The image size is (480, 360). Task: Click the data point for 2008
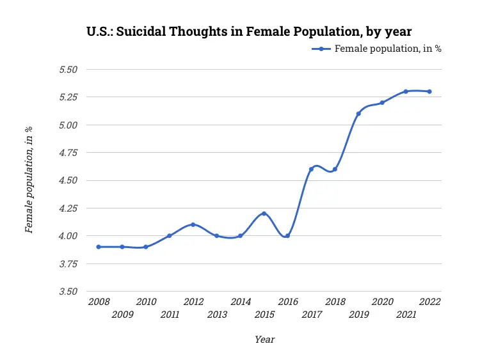click(99, 247)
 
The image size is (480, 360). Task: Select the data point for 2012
click(193, 224)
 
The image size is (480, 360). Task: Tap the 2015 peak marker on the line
click(264, 214)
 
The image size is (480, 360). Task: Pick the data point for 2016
click(287, 236)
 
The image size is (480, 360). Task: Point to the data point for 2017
click(311, 169)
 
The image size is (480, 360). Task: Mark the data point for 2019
click(358, 114)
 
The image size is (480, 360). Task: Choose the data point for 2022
click(429, 91)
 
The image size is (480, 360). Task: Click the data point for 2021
click(406, 91)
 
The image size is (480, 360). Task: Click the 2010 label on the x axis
click(146, 302)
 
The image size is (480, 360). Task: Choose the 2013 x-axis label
click(217, 315)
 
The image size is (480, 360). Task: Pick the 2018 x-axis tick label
click(335, 302)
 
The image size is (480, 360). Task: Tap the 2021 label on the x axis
click(406, 315)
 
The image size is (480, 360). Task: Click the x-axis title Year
click(264, 340)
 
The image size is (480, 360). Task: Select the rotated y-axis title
click(29, 180)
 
